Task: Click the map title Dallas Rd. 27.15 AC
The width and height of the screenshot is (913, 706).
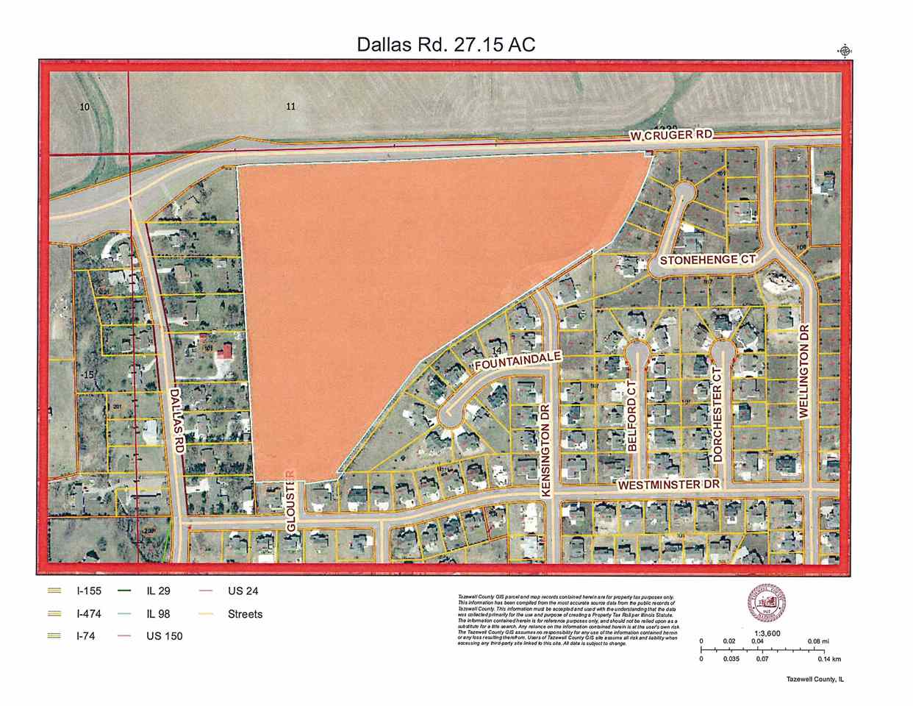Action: pyautogui.click(x=446, y=44)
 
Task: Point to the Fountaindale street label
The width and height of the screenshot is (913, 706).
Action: pyautogui.click(x=518, y=362)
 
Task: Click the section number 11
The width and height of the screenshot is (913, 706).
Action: pyautogui.click(x=290, y=107)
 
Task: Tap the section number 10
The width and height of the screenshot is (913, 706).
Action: pyautogui.click(x=85, y=107)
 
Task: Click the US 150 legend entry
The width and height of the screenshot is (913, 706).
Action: pyautogui.click(x=165, y=636)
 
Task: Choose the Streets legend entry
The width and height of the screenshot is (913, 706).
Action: pyautogui.click(x=245, y=613)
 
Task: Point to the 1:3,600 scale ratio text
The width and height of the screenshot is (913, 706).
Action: pyautogui.click(x=767, y=631)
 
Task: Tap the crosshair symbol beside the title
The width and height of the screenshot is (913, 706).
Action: pyautogui.click(x=845, y=50)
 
